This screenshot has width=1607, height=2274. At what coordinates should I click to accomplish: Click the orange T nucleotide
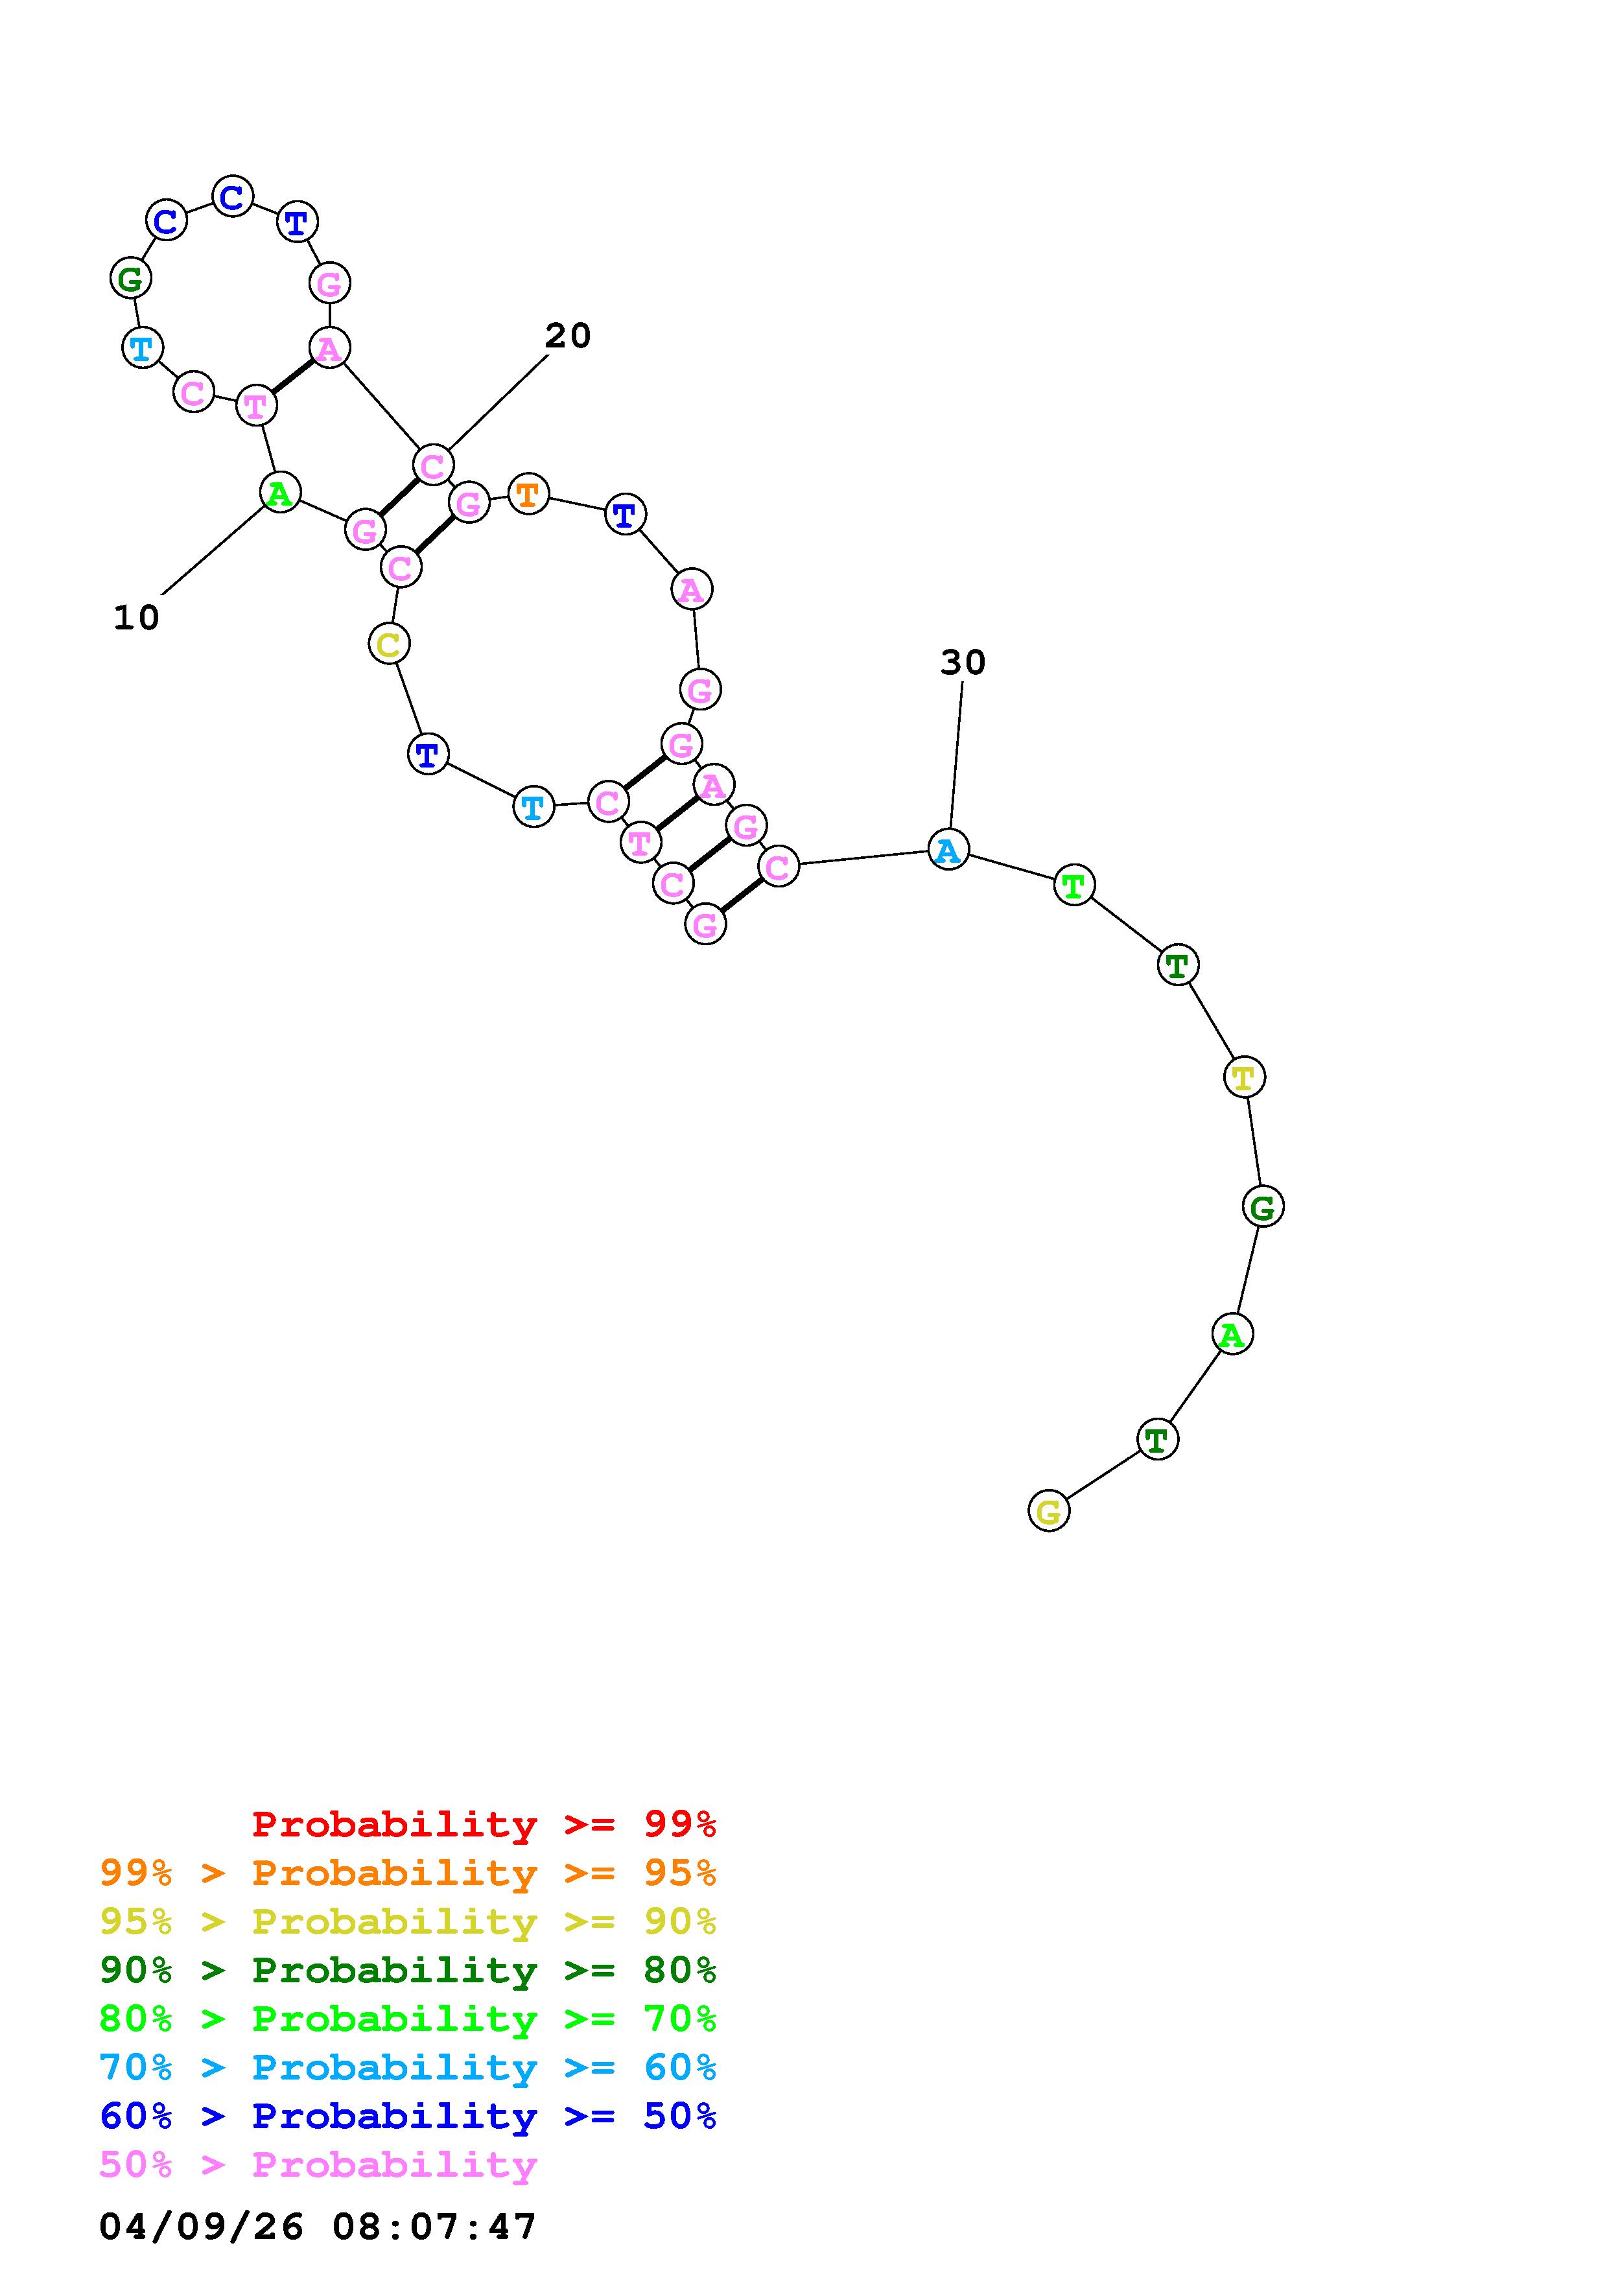(x=529, y=493)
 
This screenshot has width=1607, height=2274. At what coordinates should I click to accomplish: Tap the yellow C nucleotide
(x=389, y=644)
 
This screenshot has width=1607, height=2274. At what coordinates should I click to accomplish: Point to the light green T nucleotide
(x=1074, y=884)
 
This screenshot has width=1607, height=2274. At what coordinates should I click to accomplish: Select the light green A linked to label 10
(x=280, y=492)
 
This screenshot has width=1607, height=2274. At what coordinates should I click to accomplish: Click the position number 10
(x=137, y=618)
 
